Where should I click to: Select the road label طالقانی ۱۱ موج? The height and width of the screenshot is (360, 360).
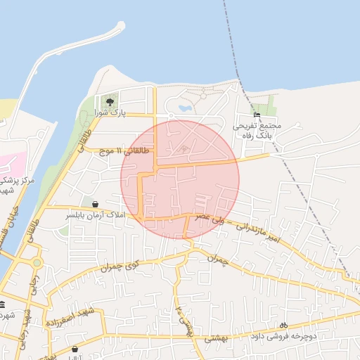[123, 150]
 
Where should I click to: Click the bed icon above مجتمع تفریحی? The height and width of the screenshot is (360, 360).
[257, 115]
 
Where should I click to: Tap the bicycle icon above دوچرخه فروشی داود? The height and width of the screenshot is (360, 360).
[283, 325]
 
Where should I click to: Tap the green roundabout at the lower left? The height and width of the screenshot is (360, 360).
[36, 263]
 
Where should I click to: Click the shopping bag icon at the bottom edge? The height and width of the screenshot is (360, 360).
[75, 349]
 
